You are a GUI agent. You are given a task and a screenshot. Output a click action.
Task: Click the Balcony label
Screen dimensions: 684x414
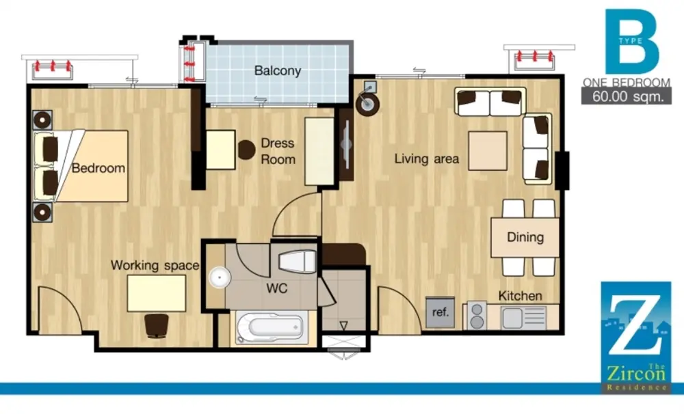(278, 70)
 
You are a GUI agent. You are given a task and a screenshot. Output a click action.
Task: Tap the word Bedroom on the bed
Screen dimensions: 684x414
(98, 168)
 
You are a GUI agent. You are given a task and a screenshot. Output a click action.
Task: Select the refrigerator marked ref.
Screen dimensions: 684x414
(440, 312)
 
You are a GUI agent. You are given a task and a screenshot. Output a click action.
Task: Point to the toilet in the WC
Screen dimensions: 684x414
(297, 262)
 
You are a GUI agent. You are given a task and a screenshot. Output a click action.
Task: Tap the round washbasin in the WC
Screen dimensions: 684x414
(220, 277)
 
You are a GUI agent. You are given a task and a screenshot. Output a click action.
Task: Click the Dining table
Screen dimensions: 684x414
(525, 238)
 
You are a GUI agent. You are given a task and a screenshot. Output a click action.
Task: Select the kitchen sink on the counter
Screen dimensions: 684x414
(524, 318)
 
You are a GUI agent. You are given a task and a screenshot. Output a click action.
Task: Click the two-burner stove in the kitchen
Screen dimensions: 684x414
(477, 316)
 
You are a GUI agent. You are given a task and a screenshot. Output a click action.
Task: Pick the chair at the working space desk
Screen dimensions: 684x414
(157, 326)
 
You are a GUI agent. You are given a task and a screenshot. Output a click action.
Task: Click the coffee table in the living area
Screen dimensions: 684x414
(488, 151)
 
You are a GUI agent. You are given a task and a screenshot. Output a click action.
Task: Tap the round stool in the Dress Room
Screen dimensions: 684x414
(246, 150)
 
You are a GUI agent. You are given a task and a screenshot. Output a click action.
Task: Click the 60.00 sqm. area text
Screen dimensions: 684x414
(627, 97)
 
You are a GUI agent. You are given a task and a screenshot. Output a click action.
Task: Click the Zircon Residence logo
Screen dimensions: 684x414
(635, 337)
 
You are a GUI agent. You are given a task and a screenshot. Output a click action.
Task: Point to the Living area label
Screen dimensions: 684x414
(427, 158)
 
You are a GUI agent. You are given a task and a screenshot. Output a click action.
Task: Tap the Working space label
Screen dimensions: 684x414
(155, 265)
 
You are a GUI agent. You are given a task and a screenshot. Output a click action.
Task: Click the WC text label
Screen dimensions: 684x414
(277, 288)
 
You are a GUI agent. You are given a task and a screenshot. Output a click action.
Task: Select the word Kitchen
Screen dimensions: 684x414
(520, 296)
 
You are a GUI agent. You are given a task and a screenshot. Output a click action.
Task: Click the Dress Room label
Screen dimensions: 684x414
(278, 151)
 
